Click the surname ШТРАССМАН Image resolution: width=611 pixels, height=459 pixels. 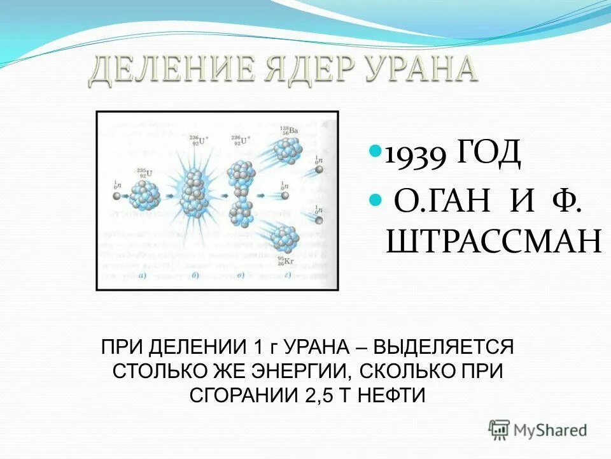493,242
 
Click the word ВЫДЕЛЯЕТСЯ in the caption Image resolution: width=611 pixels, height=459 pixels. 444,348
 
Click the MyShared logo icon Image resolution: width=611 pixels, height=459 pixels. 500,429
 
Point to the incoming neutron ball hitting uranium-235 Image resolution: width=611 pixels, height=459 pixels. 115,196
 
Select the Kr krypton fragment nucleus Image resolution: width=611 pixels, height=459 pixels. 284,238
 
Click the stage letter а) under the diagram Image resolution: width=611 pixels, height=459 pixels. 139,275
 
